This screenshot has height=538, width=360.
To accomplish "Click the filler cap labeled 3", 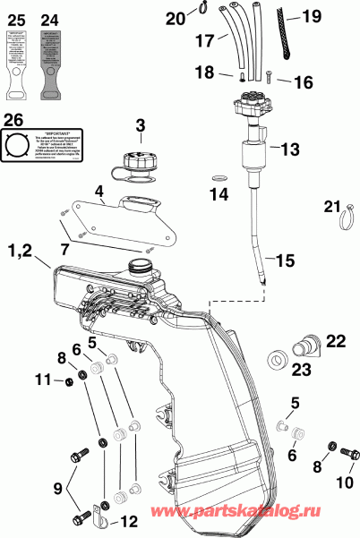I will tap(130, 166).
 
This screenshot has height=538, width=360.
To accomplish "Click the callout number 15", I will tap(284, 262).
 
